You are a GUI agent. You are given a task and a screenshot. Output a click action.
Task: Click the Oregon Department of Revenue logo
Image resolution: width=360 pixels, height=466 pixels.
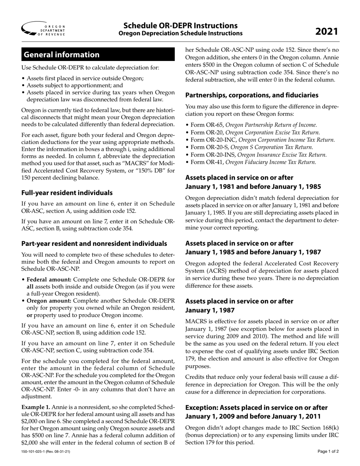[43, 29]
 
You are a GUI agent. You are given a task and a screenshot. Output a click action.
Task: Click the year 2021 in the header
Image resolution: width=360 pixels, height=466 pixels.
[327, 31]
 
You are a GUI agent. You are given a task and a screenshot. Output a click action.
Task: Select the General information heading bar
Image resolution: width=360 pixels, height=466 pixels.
[98, 55]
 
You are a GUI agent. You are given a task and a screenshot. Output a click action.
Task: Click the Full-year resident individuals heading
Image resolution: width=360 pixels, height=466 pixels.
[67, 192]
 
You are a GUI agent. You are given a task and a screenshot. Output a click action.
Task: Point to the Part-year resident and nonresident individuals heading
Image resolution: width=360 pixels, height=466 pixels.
[94, 243]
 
